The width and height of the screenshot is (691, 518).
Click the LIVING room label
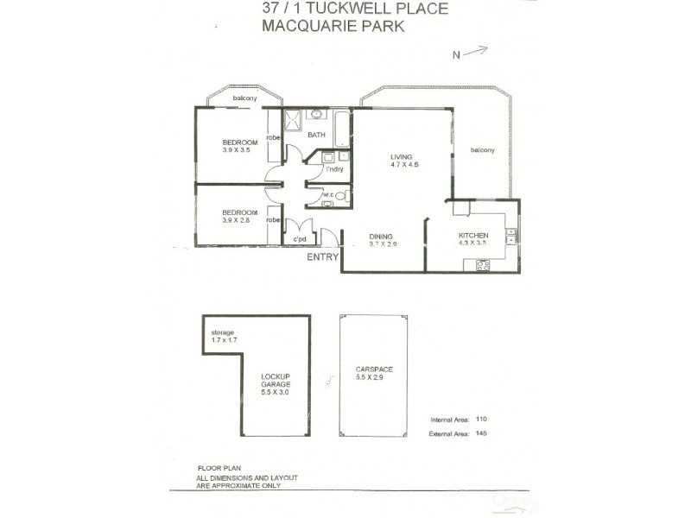401,156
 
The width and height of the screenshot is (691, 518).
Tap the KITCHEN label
473,236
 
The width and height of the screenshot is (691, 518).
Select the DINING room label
381,237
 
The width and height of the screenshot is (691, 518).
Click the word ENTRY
323,257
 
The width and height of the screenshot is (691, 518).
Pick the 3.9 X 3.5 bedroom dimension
235,150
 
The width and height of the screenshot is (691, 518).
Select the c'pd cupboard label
301,239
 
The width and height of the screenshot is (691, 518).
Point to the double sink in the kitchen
511,236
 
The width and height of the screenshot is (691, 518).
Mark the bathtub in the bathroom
341,129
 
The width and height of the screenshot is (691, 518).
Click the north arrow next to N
475,51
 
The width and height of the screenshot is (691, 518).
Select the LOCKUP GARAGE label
277,381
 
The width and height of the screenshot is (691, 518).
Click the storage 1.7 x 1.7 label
224,337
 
